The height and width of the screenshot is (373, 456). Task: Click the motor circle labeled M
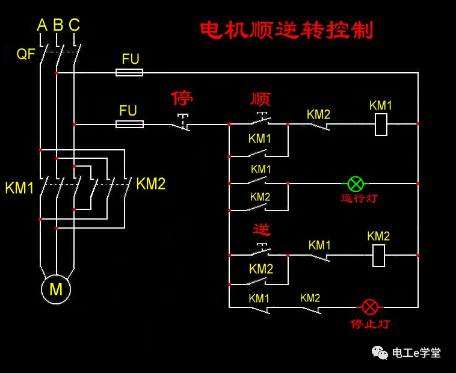click(56, 289)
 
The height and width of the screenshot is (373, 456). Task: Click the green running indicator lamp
click(356, 183)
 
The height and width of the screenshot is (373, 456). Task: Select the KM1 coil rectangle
click(381, 125)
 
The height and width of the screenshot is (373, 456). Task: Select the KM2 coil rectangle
click(379, 255)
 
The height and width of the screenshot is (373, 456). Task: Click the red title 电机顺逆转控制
click(286, 30)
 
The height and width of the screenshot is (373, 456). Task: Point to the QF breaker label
click(26, 54)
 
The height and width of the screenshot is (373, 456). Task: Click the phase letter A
click(42, 25)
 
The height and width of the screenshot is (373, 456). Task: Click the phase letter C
click(74, 25)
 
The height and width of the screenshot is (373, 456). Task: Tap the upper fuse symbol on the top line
click(129, 72)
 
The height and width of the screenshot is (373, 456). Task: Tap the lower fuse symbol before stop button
click(129, 124)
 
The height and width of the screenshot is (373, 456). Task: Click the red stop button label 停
click(182, 98)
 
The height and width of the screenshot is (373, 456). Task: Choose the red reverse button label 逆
click(261, 230)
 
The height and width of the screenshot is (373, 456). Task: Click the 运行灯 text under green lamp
click(359, 199)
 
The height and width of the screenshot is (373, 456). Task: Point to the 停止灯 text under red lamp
click(370, 324)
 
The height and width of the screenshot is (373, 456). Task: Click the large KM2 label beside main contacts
click(150, 184)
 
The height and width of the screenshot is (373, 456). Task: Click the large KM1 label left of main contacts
click(20, 188)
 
